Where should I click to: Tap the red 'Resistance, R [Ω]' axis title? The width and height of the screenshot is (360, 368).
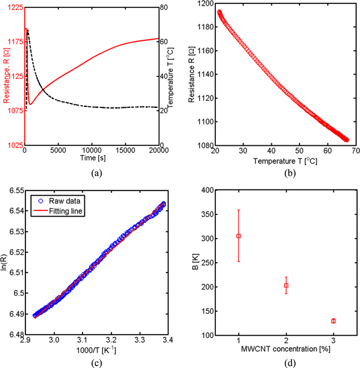click(5, 76)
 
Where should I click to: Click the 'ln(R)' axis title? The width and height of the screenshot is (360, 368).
click(5, 263)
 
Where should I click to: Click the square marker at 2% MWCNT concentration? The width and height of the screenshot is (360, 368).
click(286, 285)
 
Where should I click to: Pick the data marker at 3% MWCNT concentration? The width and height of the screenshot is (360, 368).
click(333, 321)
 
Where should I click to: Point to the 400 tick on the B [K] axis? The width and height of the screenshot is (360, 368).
click(207, 191)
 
